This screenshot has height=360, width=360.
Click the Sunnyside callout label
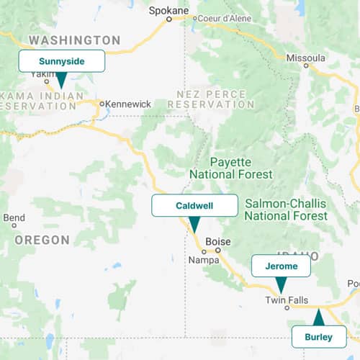pos(62,61)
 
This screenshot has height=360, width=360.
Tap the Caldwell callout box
pos(194,205)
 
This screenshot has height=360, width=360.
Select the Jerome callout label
pos(281,266)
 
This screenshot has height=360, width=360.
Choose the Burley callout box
pos(318,337)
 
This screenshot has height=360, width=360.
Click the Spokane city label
pos(168,10)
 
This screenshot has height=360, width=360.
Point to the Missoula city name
pos(305,57)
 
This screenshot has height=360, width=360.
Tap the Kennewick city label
pos(128,104)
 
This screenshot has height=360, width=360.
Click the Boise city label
pos(217,242)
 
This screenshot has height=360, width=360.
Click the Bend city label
pos(14,217)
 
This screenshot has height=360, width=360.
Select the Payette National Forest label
pos(230,168)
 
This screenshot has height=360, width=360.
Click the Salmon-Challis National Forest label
pos(286,210)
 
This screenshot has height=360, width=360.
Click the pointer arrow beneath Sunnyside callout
pos(61,79)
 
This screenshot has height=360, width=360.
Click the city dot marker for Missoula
pos(306,66)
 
